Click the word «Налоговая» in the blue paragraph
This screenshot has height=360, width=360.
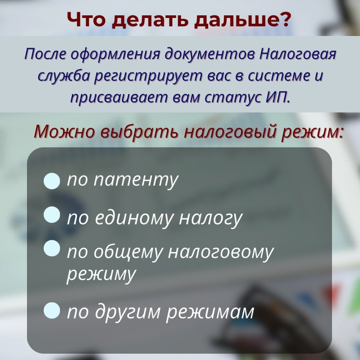[x=298, y=54]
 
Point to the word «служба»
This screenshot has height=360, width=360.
[x=63, y=76]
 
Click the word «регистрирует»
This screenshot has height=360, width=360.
[x=148, y=76]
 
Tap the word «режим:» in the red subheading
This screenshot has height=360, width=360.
[x=312, y=132]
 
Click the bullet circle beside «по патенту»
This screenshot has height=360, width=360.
[x=52, y=181]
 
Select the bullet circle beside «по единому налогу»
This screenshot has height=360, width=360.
[x=52, y=215]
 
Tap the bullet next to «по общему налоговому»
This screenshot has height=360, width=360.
[x=52, y=248]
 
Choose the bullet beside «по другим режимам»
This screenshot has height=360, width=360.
[x=52, y=310]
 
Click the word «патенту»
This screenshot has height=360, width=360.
[x=136, y=180]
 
